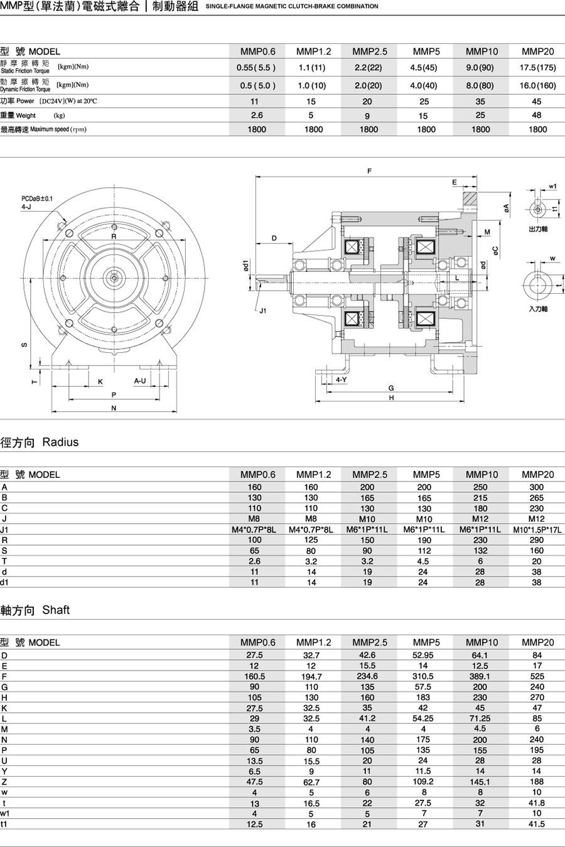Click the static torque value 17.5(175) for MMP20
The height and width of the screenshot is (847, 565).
pos(537,68)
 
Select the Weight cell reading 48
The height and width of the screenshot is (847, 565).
pos(537,116)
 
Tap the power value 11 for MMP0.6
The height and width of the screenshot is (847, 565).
pos(254,101)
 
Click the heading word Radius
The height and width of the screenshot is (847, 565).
pos(60,442)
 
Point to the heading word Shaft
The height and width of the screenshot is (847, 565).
pos(56,610)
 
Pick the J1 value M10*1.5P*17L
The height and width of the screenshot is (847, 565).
pos(537,529)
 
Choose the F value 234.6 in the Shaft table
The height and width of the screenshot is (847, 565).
pos(367,676)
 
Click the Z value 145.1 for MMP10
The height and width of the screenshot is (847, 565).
pos(480,782)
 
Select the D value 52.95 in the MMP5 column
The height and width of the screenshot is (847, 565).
pos(423,655)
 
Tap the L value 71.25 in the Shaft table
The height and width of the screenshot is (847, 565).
pos(480,718)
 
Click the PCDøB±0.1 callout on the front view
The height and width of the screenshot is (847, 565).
pos(37,198)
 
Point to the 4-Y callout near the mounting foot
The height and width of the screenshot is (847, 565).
pos(341,380)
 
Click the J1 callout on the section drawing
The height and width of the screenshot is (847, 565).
pos(262,310)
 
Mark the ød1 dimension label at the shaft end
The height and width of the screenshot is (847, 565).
pos(246,266)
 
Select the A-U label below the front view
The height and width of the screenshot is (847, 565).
pos(139,381)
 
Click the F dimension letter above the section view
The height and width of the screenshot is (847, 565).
pos(369,171)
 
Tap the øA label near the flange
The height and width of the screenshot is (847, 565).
pos(507,208)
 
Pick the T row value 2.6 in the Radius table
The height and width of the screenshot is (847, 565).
pos(254,561)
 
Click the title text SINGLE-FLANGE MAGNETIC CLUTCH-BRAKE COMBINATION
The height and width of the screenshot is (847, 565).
pos(291,6)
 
